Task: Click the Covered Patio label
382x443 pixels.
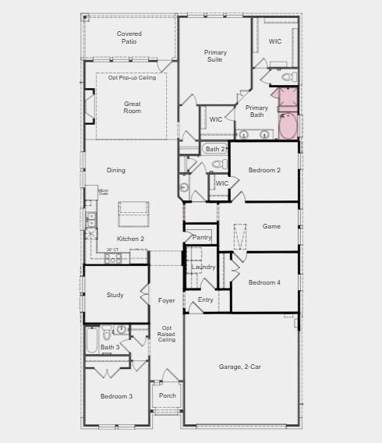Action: (x=129, y=37)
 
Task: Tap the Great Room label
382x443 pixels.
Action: (x=132, y=108)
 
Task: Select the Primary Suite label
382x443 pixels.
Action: (x=215, y=56)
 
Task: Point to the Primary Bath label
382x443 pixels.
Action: (x=256, y=112)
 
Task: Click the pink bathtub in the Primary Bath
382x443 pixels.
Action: (x=288, y=125)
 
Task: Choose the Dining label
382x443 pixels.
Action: (x=115, y=170)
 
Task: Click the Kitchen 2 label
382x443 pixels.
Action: (x=130, y=239)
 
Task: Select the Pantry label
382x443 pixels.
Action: (x=201, y=237)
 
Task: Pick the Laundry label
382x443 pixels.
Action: (x=203, y=267)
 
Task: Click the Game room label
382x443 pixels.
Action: (x=271, y=226)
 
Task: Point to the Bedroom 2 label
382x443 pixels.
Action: (x=264, y=170)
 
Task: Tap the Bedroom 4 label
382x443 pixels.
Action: (x=264, y=282)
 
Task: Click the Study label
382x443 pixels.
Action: (x=115, y=295)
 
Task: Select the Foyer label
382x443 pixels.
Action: (x=167, y=300)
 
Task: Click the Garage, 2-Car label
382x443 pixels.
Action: (x=241, y=366)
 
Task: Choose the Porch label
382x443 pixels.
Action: (x=167, y=395)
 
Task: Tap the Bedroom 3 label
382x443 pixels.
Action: (x=116, y=396)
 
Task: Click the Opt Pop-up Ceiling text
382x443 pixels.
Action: (x=132, y=78)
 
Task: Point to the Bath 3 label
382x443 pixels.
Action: (x=110, y=347)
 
